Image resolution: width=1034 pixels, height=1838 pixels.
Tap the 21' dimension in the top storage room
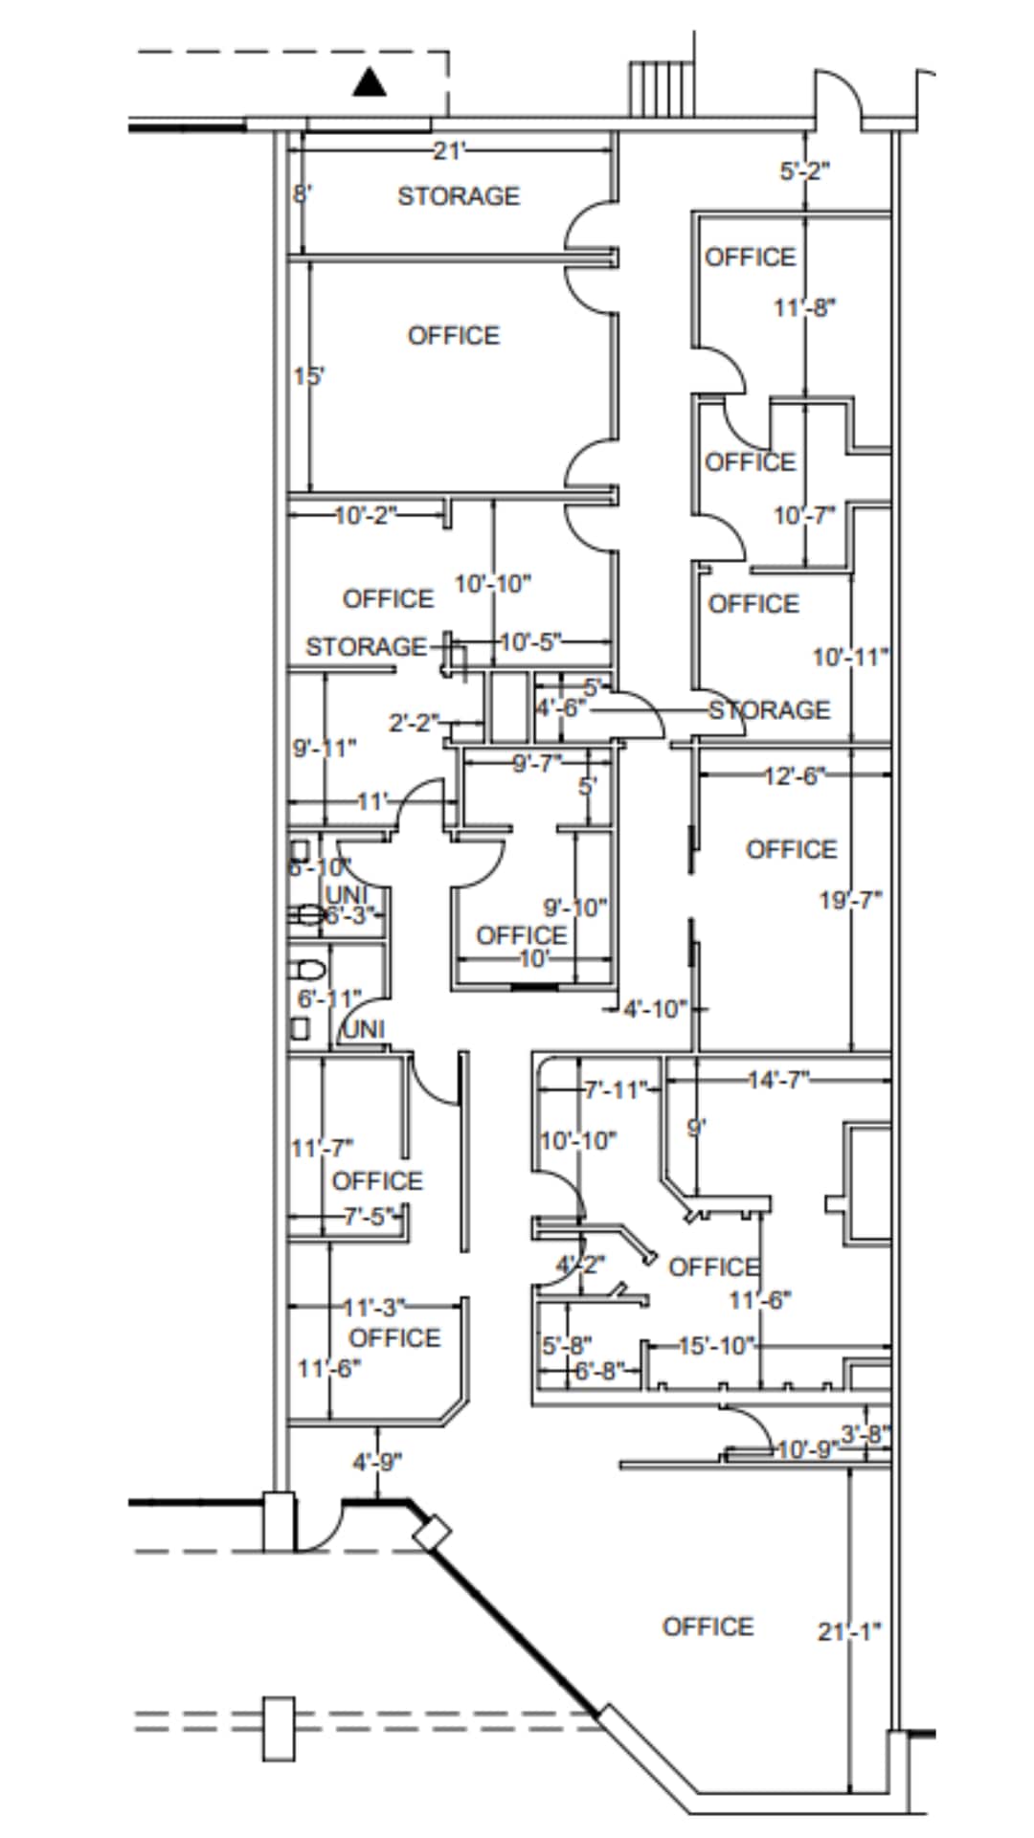click(x=448, y=151)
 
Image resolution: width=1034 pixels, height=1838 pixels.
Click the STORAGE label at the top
click(x=459, y=196)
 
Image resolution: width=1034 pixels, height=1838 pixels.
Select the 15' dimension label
click(x=308, y=376)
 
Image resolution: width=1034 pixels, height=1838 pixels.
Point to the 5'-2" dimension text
click(x=804, y=171)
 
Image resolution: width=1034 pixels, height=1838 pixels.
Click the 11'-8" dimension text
click(x=805, y=308)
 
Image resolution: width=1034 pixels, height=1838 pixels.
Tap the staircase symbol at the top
click(x=661, y=88)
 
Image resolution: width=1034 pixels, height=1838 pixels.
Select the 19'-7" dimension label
click(x=850, y=900)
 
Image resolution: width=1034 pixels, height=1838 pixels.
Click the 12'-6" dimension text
click(x=795, y=775)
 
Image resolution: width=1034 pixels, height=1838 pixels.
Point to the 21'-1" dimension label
click(x=849, y=1631)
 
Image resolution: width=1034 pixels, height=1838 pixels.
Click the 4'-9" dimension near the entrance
click(x=377, y=1463)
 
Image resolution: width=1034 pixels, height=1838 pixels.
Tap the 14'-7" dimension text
click(x=778, y=1080)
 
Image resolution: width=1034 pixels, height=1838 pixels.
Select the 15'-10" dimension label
click(x=717, y=1346)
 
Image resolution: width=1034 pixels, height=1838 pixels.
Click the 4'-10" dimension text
click(x=655, y=1009)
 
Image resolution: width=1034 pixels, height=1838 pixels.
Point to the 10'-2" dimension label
click(x=365, y=515)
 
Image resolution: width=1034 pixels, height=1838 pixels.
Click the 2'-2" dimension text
click(x=414, y=723)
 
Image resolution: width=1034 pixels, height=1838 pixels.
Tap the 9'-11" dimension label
click(x=325, y=748)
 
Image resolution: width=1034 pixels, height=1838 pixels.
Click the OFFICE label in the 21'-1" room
click(x=708, y=1626)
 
